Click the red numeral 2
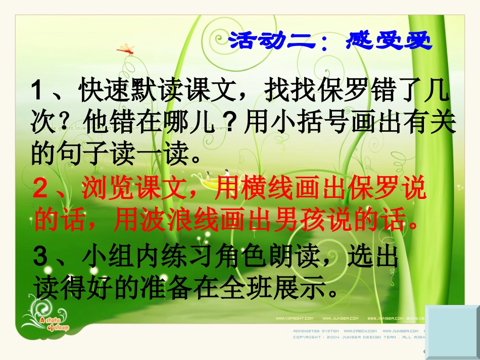point(40,189)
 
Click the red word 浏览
point(104,189)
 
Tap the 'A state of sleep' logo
point(51,322)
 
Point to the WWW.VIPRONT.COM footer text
point(294,318)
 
